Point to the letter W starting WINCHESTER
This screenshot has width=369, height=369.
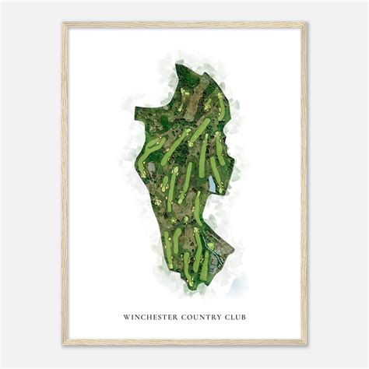pyautogui.click(x=125, y=317)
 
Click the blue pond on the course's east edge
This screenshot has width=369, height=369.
pyautogui.click(x=213, y=184)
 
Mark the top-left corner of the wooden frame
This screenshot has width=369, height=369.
pyautogui.click(x=64, y=23)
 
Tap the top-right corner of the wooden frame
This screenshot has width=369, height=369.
pyautogui.click(x=306, y=23)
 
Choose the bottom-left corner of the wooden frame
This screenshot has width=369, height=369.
pyautogui.click(x=64, y=345)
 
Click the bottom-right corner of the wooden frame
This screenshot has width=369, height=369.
pyautogui.click(x=306, y=345)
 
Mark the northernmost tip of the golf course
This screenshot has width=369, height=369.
pyautogui.click(x=204, y=75)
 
